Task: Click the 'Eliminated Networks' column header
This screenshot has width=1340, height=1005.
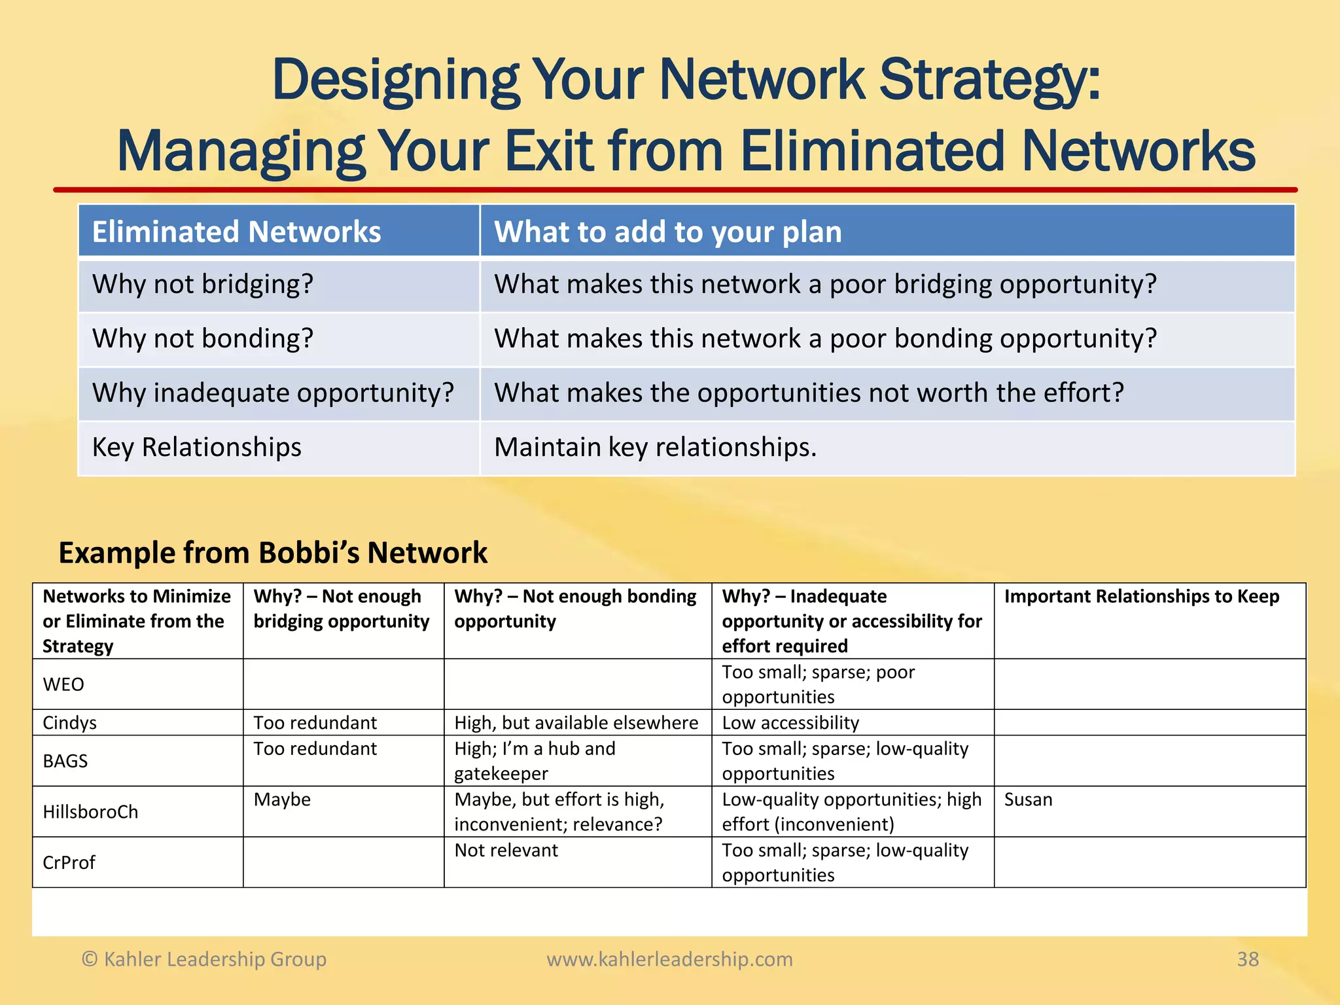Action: point(236,232)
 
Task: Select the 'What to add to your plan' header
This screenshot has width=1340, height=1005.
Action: point(667,232)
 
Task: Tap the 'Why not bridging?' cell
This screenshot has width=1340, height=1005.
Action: point(203,285)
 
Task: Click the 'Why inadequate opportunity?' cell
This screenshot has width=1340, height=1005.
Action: point(273,393)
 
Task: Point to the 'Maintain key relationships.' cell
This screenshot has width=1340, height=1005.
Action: point(655,448)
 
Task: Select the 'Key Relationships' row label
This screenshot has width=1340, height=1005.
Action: point(196,448)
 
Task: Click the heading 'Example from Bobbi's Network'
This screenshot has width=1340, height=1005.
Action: point(273,553)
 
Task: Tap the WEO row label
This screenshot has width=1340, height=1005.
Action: point(63,684)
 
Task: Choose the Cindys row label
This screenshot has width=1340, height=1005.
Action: point(69,723)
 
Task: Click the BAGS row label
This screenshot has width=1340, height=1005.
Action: point(65,761)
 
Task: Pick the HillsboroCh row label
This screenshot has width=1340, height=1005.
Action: point(90,812)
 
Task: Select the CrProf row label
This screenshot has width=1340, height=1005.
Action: point(69,863)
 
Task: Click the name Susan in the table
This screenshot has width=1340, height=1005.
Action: point(1028,800)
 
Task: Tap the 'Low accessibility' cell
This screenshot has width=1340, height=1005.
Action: point(790,723)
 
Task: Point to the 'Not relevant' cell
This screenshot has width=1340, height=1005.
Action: point(506,851)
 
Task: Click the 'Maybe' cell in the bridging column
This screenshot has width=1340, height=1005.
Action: point(282,800)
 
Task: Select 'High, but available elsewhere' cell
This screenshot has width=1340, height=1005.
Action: point(576,723)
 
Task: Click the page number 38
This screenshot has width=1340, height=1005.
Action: point(1247,959)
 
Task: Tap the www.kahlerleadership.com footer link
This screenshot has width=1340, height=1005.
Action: point(669,959)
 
